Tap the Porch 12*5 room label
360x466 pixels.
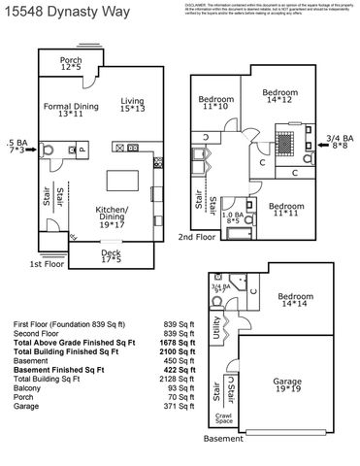[71, 64]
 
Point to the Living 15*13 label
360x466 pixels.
[132, 106]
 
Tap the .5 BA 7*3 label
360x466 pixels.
[16, 148]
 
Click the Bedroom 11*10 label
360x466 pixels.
[215, 103]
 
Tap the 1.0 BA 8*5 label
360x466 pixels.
[233, 218]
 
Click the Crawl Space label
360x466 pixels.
[223, 420]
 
